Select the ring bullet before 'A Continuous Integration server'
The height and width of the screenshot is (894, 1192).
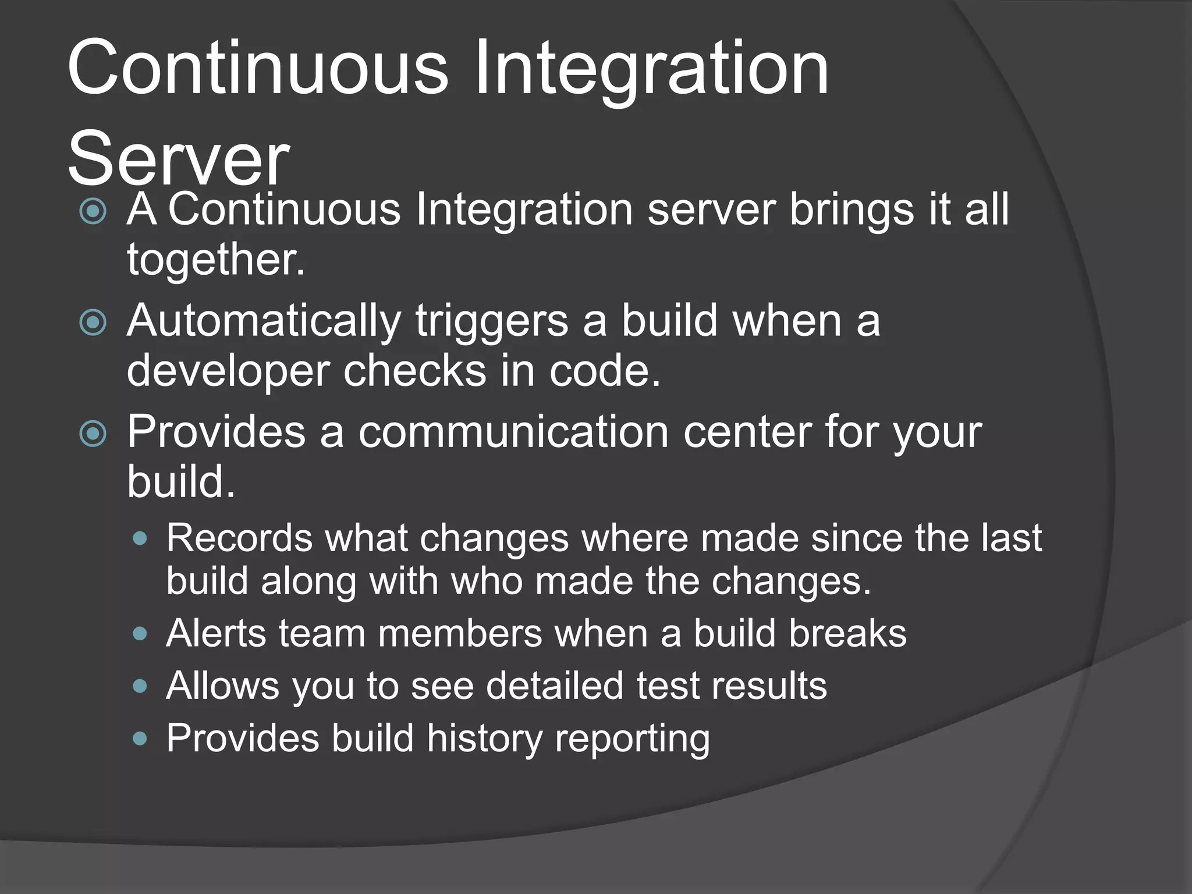pos(93,212)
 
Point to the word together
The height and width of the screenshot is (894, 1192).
pos(215,260)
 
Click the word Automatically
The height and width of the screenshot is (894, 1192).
pos(264,321)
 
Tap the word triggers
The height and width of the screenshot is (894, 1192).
pos(492,322)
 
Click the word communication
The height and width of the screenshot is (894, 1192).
pos(513,432)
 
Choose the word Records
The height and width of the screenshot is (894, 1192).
pos(239,538)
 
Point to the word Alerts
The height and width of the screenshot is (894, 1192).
pos(216,633)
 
